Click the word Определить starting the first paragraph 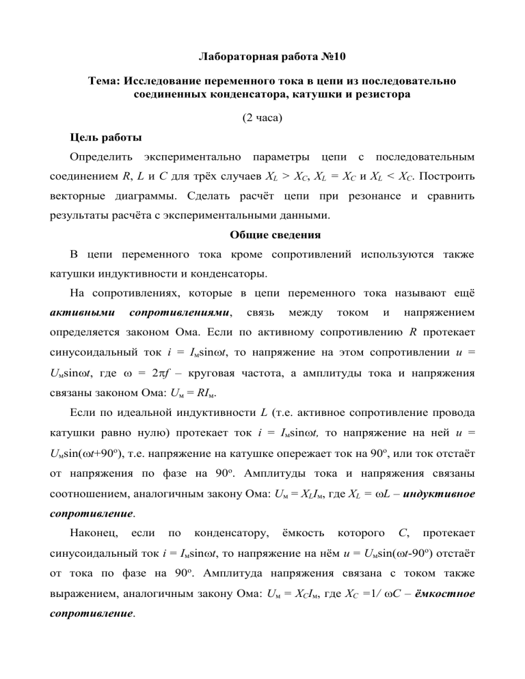pyautogui.click(x=103, y=158)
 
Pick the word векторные pyautogui.click(x=80, y=197)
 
